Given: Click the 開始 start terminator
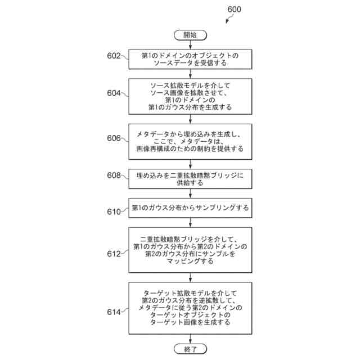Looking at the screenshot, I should coord(190,35).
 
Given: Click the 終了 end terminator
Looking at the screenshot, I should coord(190,348).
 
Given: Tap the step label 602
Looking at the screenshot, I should coord(114,56).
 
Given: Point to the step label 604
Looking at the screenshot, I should coord(114,93).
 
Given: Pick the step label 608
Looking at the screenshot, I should coord(114,175).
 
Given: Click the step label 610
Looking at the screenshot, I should coord(114,212).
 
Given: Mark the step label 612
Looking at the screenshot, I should coord(114,254).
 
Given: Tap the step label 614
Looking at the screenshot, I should coord(114,310).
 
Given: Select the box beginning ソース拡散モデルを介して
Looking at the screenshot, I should coord(190,95).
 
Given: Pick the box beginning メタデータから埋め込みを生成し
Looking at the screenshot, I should coord(190,141).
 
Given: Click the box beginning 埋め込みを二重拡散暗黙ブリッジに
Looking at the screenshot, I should coord(190,179).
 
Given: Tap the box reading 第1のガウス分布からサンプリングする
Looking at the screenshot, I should coord(190,208).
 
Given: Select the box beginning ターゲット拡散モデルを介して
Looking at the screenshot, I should coord(190,308).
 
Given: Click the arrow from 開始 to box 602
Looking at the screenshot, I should coord(190,46).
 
